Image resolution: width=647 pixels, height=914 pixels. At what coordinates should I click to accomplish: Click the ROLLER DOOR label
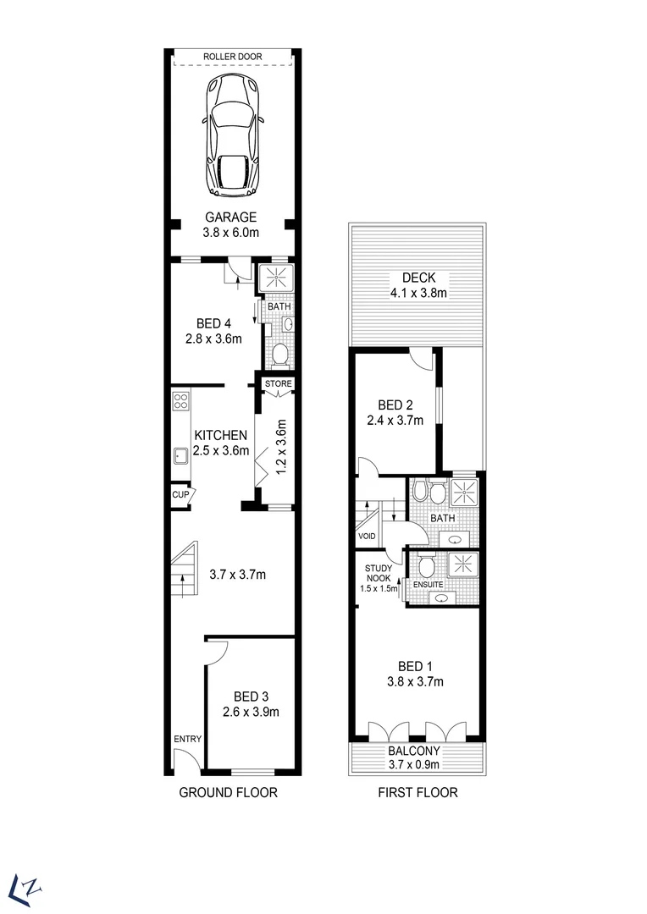tap(232, 57)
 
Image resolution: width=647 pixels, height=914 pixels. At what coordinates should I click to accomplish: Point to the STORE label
tap(278, 383)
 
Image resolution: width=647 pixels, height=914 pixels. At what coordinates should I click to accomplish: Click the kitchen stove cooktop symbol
tap(180, 400)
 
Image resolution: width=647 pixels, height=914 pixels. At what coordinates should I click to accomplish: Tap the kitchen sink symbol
tap(180, 457)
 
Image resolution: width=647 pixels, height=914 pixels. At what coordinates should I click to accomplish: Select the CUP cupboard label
tap(180, 495)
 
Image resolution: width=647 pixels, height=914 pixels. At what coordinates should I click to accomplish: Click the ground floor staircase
tap(183, 575)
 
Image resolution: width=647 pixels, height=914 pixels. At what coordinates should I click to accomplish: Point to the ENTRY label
tap(188, 739)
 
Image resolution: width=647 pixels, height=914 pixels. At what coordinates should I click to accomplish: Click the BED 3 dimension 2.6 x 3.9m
tap(251, 712)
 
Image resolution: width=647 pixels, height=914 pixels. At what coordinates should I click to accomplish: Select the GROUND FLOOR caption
tap(228, 793)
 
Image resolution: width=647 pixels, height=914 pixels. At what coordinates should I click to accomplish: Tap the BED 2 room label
tap(395, 411)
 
